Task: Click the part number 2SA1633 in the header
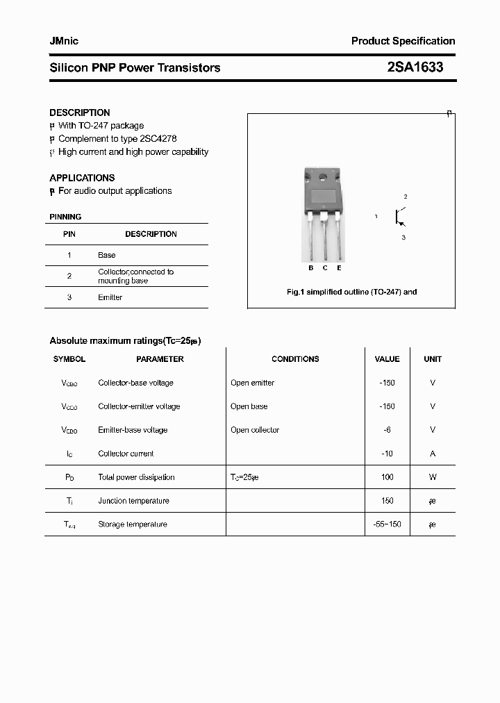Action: (x=415, y=67)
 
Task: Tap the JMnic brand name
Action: (x=64, y=41)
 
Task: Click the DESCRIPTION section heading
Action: (x=80, y=113)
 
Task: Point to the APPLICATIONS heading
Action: (x=82, y=178)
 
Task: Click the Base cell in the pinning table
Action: (x=107, y=255)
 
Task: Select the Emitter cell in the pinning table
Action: (x=110, y=297)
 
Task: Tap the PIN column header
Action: (x=69, y=234)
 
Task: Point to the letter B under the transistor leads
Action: (x=311, y=268)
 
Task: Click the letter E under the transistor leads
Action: (x=339, y=268)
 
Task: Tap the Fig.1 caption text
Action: (x=351, y=292)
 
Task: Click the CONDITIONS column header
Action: (x=295, y=359)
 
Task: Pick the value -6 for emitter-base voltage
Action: (x=387, y=430)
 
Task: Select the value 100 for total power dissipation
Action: (x=387, y=477)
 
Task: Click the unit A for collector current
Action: (x=433, y=454)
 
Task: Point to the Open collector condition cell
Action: (x=255, y=430)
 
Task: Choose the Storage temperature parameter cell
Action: (x=133, y=524)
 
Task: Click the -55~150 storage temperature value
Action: (x=387, y=524)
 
